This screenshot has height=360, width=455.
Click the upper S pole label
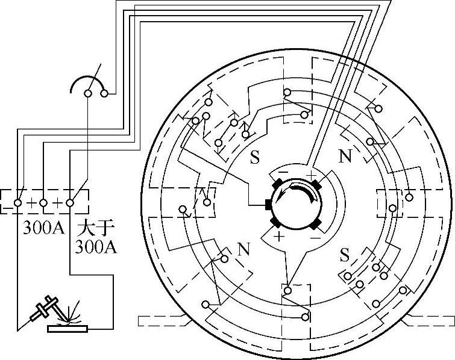pyautogui.click(x=254, y=157)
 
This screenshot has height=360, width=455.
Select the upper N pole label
pyautogui.click(x=345, y=156)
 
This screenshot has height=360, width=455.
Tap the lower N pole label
pyautogui.click(x=243, y=249)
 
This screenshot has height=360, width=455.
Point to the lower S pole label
pyautogui.click(x=345, y=255)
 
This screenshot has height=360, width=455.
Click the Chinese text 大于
pyautogui.click(x=95, y=228)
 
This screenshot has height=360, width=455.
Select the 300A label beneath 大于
pyautogui.click(x=96, y=247)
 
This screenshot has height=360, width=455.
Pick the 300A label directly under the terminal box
pyautogui.click(x=43, y=228)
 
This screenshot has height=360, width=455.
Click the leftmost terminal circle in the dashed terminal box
pyautogui.click(x=17, y=203)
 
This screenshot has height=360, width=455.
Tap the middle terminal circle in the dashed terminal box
pyautogui.click(x=43, y=203)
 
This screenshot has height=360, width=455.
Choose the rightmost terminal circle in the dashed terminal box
pyautogui.click(x=70, y=203)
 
